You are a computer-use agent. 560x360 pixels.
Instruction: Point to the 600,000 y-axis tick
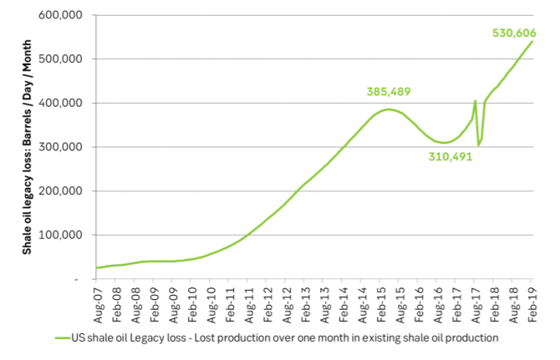coord(66,16)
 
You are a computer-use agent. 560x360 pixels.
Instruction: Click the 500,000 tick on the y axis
coord(66,59)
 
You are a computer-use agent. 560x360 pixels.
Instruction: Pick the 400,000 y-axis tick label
coord(66,104)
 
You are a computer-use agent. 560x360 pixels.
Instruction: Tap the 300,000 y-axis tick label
coord(66,147)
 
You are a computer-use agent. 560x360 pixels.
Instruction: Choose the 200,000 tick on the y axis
coord(66,191)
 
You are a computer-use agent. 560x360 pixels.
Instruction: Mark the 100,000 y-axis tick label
coord(66,235)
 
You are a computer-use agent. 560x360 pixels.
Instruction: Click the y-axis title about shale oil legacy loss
coord(28,147)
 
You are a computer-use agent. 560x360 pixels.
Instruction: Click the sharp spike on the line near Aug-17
coord(476,101)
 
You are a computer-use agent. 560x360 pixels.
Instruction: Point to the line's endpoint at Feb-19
coord(532,41)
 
